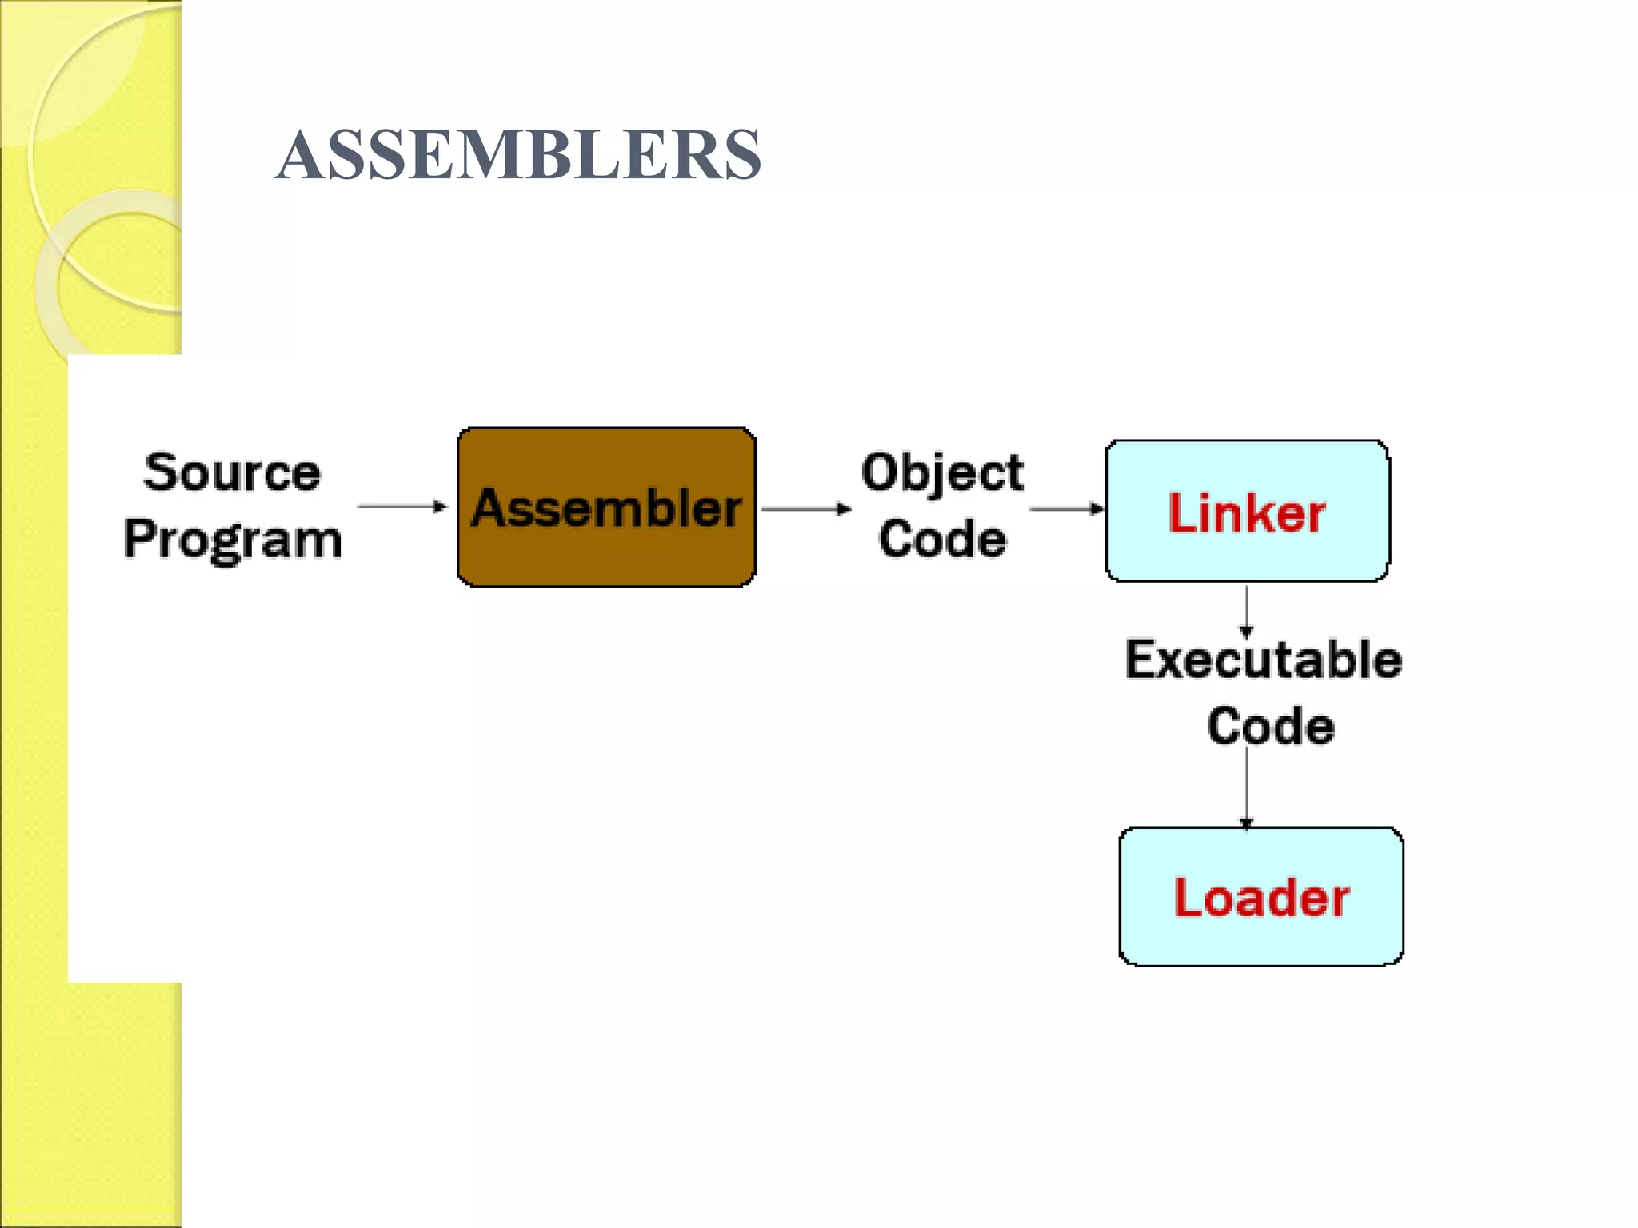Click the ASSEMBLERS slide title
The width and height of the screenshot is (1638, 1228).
coord(518,154)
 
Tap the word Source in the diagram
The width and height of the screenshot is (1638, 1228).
coord(232,472)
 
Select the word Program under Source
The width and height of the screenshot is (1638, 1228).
coord(233,539)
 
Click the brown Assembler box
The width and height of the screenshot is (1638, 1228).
coord(606,560)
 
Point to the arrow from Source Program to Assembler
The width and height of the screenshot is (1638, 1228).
coord(402,506)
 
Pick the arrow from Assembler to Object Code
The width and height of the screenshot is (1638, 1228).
coord(806,508)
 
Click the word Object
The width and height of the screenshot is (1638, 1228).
coord(942,473)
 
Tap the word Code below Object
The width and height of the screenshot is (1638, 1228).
coord(942,539)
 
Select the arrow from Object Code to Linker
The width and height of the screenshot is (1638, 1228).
coord(1066,508)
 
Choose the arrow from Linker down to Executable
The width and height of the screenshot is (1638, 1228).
coord(1246,611)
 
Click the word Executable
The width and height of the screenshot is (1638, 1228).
coord(1264,660)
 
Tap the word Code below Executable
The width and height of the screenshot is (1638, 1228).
coord(1271,726)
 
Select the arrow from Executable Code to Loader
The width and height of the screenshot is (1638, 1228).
coord(1246,787)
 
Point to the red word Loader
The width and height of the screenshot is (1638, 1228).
coord(1261,898)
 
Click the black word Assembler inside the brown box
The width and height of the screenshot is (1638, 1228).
coord(606,508)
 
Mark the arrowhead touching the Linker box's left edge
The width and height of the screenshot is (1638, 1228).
coord(1097,508)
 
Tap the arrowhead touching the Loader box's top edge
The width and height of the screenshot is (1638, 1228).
coord(1246,823)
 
